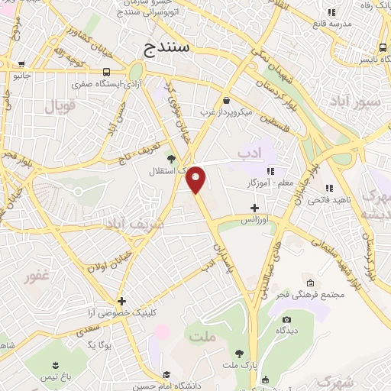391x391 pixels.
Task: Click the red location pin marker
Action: pos(197,179)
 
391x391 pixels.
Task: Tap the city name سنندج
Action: pos(170,50)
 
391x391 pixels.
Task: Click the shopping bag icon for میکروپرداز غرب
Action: pos(227,101)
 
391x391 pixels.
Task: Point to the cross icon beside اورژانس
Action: pos(255,208)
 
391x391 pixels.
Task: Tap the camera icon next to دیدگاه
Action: pos(286,320)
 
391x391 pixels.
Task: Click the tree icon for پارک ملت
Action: pos(241,353)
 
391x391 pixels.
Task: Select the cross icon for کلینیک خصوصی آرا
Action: pos(122,301)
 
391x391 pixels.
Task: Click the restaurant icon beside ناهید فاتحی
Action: pos(329,188)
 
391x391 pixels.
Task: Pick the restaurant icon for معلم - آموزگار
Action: pos(269,171)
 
